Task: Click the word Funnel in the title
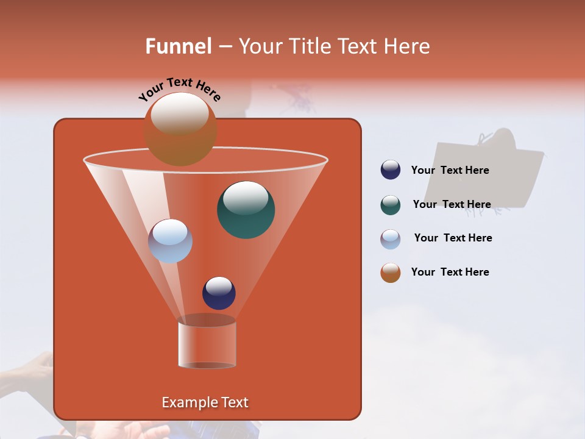(x=178, y=46)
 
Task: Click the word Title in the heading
(x=310, y=46)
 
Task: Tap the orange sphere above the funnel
(x=180, y=129)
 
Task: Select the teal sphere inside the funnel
(x=246, y=210)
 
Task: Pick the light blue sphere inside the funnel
(x=170, y=241)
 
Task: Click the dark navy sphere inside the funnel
(x=219, y=293)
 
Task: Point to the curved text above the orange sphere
(x=179, y=89)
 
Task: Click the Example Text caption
(x=205, y=402)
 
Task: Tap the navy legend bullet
(x=391, y=170)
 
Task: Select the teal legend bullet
(x=391, y=205)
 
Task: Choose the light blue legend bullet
(x=391, y=238)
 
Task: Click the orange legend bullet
(x=391, y=273)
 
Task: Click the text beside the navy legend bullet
(x=450, y=170)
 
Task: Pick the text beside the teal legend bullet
(x=452, y=204)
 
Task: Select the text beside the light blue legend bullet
(x=453, y=238)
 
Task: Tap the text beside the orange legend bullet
(x=450, y=272)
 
